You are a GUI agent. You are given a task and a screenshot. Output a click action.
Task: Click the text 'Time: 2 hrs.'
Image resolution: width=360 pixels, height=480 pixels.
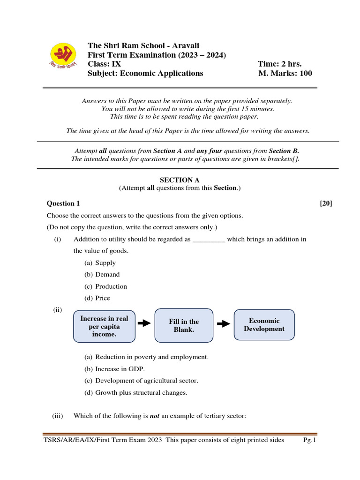(x=279, y=64)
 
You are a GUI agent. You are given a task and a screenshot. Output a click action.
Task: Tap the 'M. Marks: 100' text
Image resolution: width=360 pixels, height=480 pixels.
(x=285, y=73)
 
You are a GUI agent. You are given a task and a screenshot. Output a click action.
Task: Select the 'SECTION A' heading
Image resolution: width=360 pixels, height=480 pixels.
(x=176, y=180)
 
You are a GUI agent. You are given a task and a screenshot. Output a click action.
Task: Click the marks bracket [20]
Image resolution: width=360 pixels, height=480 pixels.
(x=326, y=203)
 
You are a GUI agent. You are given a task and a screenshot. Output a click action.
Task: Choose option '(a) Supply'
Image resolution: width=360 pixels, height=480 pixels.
(x=100, y=263)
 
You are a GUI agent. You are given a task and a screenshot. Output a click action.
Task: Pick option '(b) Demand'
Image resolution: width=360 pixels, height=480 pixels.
(x=102, y=275)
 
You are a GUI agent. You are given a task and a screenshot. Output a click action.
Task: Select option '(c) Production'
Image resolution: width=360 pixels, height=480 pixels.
(x=105, y=286)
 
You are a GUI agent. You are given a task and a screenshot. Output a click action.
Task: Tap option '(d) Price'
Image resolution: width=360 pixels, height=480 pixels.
(x=97, y=298)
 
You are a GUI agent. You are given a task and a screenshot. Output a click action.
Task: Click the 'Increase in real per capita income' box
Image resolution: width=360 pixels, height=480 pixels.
(x=104, y=326)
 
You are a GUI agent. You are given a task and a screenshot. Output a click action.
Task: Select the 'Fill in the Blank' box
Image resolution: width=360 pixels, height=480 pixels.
(x=184, y=325)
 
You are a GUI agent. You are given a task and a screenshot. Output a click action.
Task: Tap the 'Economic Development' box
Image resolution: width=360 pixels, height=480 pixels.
(x=264, y=324)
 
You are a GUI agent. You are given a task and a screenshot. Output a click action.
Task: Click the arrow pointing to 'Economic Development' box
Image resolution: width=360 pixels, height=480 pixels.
(x=224, y=323)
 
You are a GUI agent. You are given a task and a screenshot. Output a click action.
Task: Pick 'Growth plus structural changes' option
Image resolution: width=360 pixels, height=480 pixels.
(x=135, y=393)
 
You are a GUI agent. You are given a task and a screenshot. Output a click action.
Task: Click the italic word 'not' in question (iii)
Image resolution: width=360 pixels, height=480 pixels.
(x=155, y=415)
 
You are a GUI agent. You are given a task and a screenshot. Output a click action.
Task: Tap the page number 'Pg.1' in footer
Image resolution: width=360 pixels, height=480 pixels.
(x=310, y=440)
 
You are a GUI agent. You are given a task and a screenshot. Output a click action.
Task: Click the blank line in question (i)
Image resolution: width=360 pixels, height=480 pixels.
(x=209, y=240)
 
